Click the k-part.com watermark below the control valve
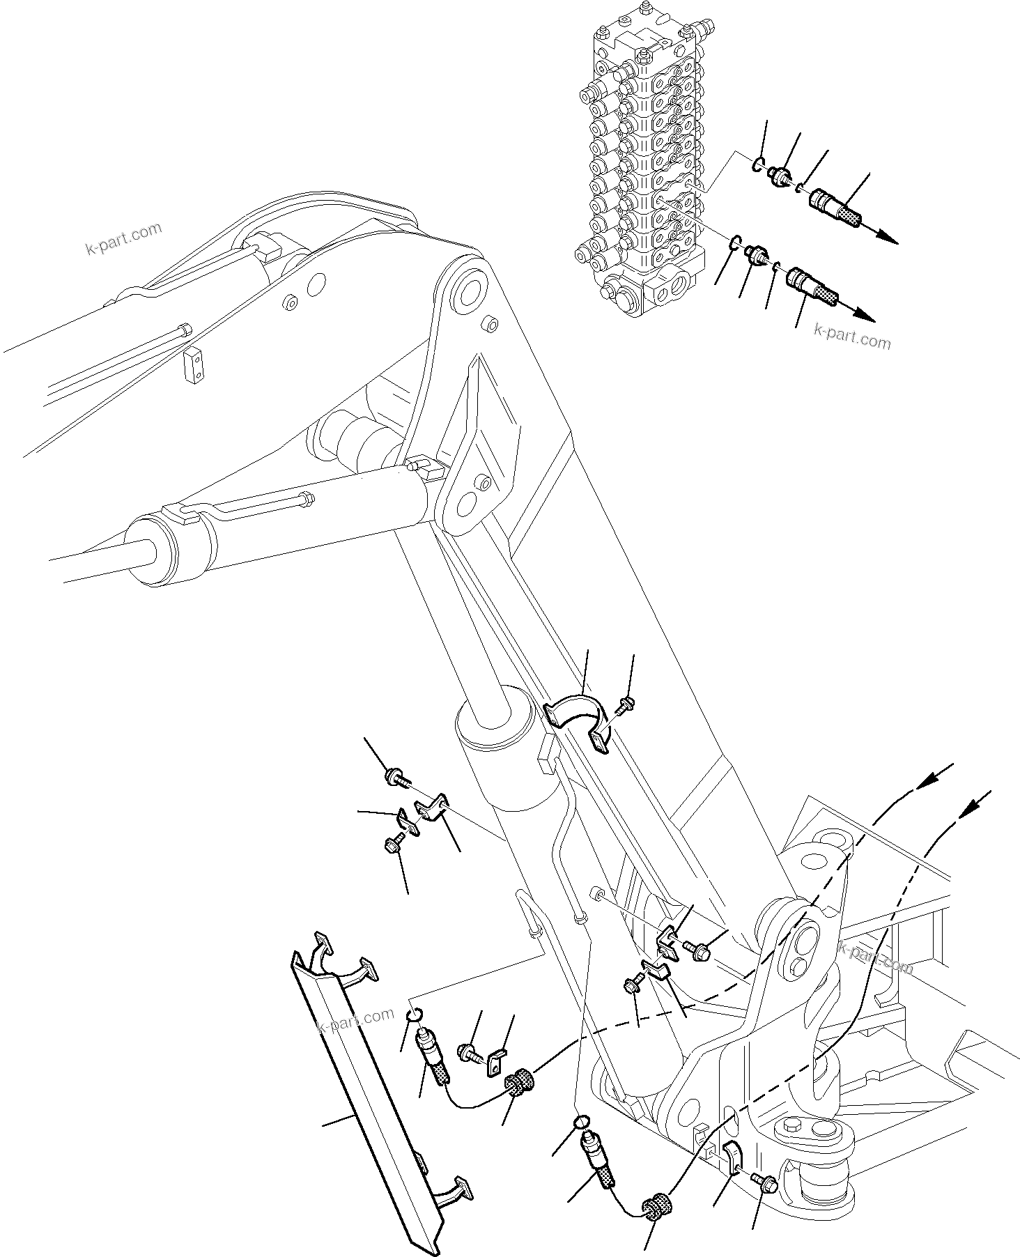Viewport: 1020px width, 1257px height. (851, 337)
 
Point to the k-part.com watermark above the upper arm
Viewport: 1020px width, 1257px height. (123, 239)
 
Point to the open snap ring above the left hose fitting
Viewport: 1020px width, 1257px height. (414, 1014)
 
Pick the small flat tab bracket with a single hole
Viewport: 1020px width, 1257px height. (497, 1065)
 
